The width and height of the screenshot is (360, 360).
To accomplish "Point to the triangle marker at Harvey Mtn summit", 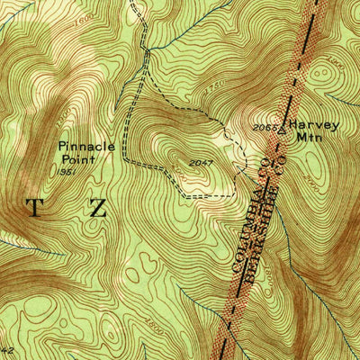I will (281, 128).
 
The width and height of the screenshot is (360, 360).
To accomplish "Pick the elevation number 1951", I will (66, 170).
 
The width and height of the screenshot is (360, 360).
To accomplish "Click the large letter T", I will (34, 209).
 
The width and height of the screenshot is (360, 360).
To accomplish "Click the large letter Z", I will (97, 209).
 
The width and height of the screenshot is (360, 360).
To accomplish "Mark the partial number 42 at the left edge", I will (6, 347).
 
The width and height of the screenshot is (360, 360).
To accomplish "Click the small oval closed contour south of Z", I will (139, 266).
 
